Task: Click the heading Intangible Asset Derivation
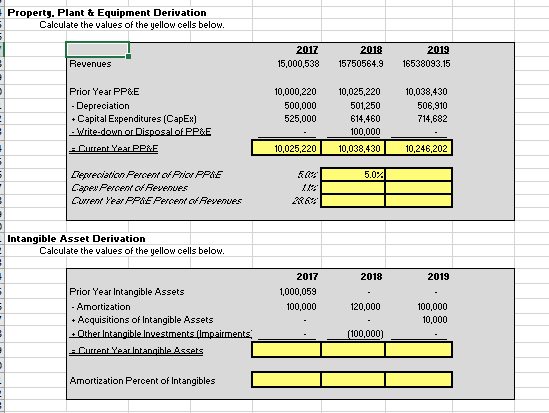76,238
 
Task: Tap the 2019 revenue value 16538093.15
425,63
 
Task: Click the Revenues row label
90,63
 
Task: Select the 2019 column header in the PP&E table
437,48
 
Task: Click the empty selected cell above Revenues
97,48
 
